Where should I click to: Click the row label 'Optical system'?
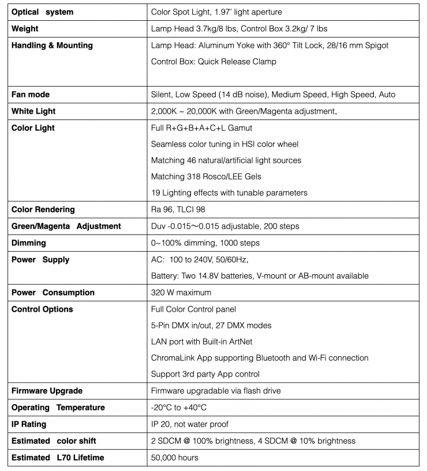(x=42, y=12)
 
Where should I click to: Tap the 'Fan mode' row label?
(x=31, y=94)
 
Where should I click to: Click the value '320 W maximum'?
(x=181, y=293)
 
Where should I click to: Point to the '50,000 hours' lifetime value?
(x=174, y=458)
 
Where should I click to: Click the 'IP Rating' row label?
(x=29, y=424)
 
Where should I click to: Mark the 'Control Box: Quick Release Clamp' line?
(x=213, y=61)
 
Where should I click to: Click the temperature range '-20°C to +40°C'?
(x=178, y=408)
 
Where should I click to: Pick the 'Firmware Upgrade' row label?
(x=47, y=391)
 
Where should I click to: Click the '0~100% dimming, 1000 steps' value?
(x=205, y=243)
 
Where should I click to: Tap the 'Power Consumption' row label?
(x=53, y=293)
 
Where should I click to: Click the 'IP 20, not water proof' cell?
(x=189, y=424)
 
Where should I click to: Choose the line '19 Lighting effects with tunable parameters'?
(x=229, y=193)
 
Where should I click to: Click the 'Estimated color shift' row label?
(x=54, y=441)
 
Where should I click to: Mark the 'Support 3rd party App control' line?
(x=205, y=374)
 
